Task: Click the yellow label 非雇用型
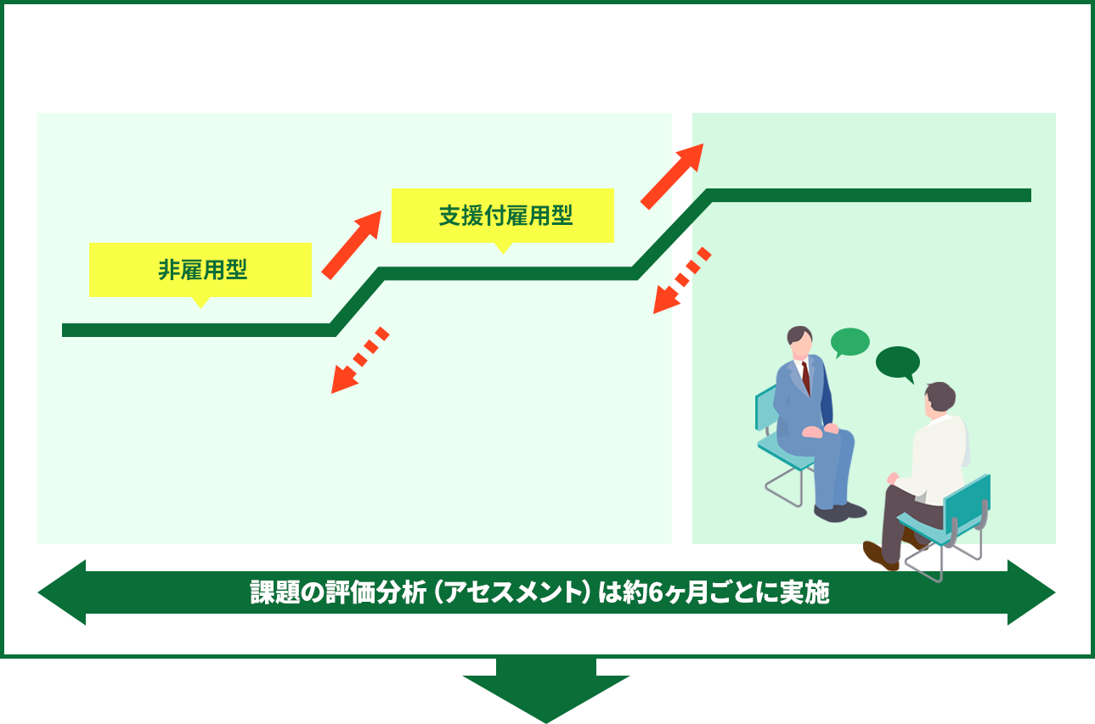pos(200,270)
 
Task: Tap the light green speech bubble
pos(849,342)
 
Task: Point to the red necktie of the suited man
pos(805,377)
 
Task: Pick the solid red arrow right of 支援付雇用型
pos(672,176)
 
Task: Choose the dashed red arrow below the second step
pos(681,281)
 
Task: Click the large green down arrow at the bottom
pos(546,693)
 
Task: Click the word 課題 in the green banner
pos(270,593)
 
